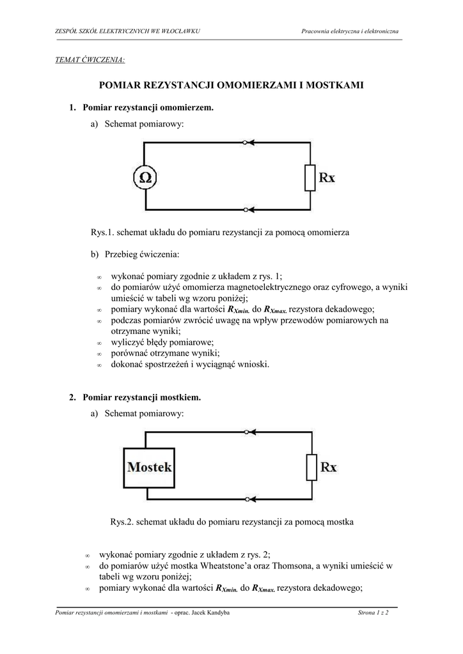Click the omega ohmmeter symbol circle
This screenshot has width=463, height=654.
[146, 177]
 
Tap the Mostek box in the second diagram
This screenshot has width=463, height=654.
[150, 467]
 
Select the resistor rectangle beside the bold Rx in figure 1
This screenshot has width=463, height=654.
[310, 177]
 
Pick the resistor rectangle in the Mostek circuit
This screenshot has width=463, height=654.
[311, 467]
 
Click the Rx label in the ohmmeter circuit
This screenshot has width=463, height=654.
[327, 178]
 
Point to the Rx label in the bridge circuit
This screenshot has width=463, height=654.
[328, 467]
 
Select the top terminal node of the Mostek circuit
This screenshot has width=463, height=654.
[247, 432]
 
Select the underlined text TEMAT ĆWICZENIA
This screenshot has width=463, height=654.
[91, 60]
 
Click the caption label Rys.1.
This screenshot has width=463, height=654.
[102, 233]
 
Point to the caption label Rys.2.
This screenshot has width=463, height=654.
[122, 522]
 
